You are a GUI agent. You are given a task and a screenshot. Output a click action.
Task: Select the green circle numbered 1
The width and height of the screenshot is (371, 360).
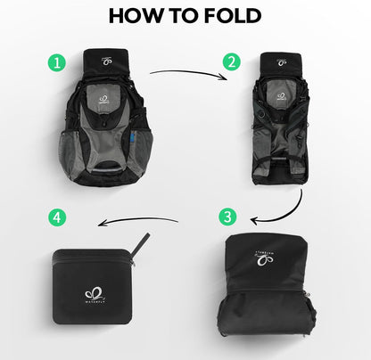(58, 63)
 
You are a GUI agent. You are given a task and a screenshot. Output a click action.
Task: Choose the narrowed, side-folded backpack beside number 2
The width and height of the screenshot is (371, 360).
(284, 120)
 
